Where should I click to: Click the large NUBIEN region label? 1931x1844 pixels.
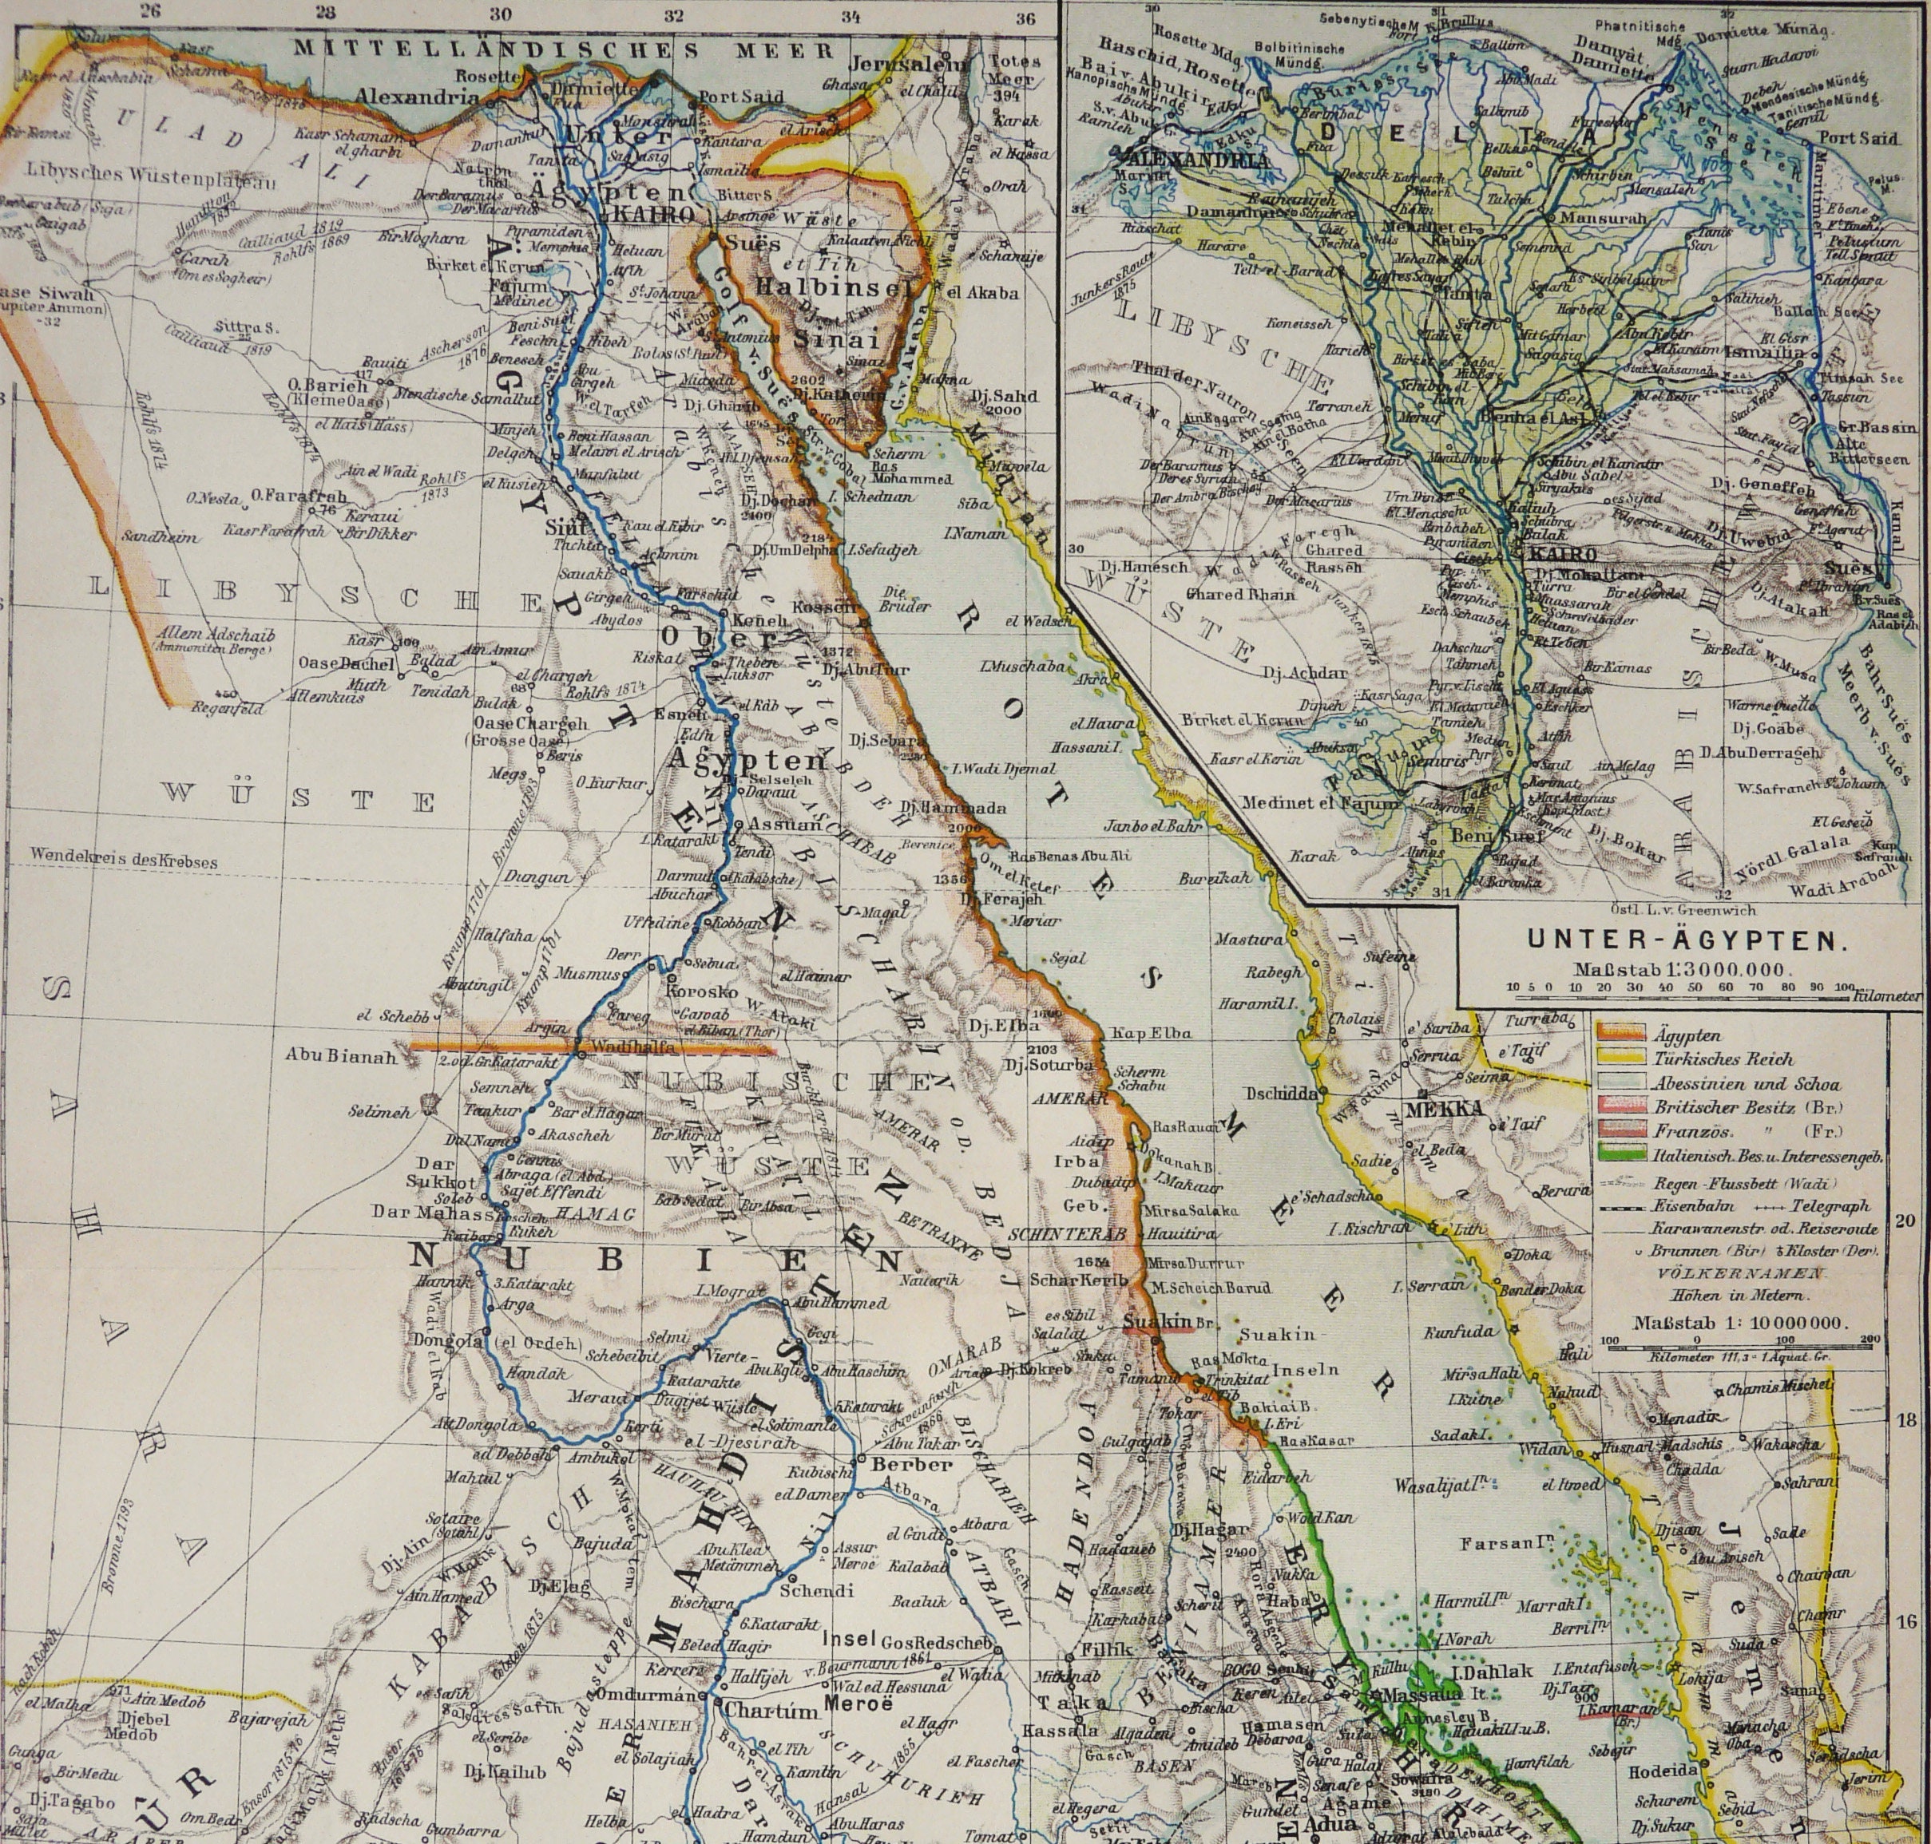click(654, 1260)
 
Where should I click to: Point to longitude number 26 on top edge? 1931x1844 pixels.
click(149, 12)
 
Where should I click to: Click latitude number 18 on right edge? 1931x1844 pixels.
click(1905, 1420)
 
